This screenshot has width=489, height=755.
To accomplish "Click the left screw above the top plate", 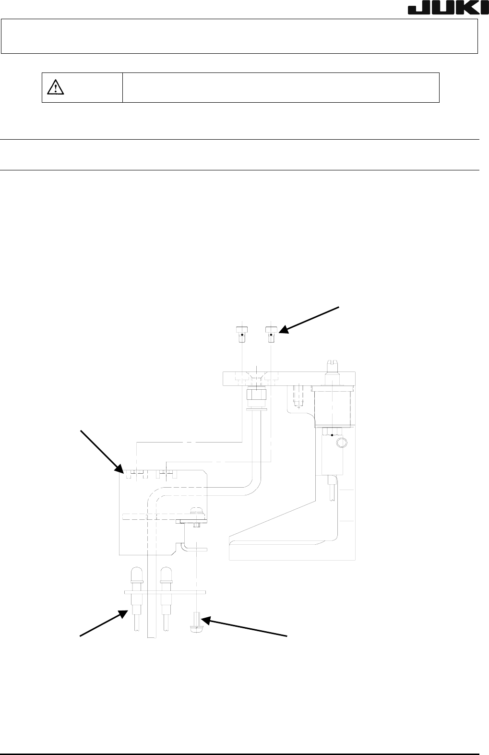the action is coord(242,334).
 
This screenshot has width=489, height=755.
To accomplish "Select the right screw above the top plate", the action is coord(271,334).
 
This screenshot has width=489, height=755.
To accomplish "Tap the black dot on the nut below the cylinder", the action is coord(332,435).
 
